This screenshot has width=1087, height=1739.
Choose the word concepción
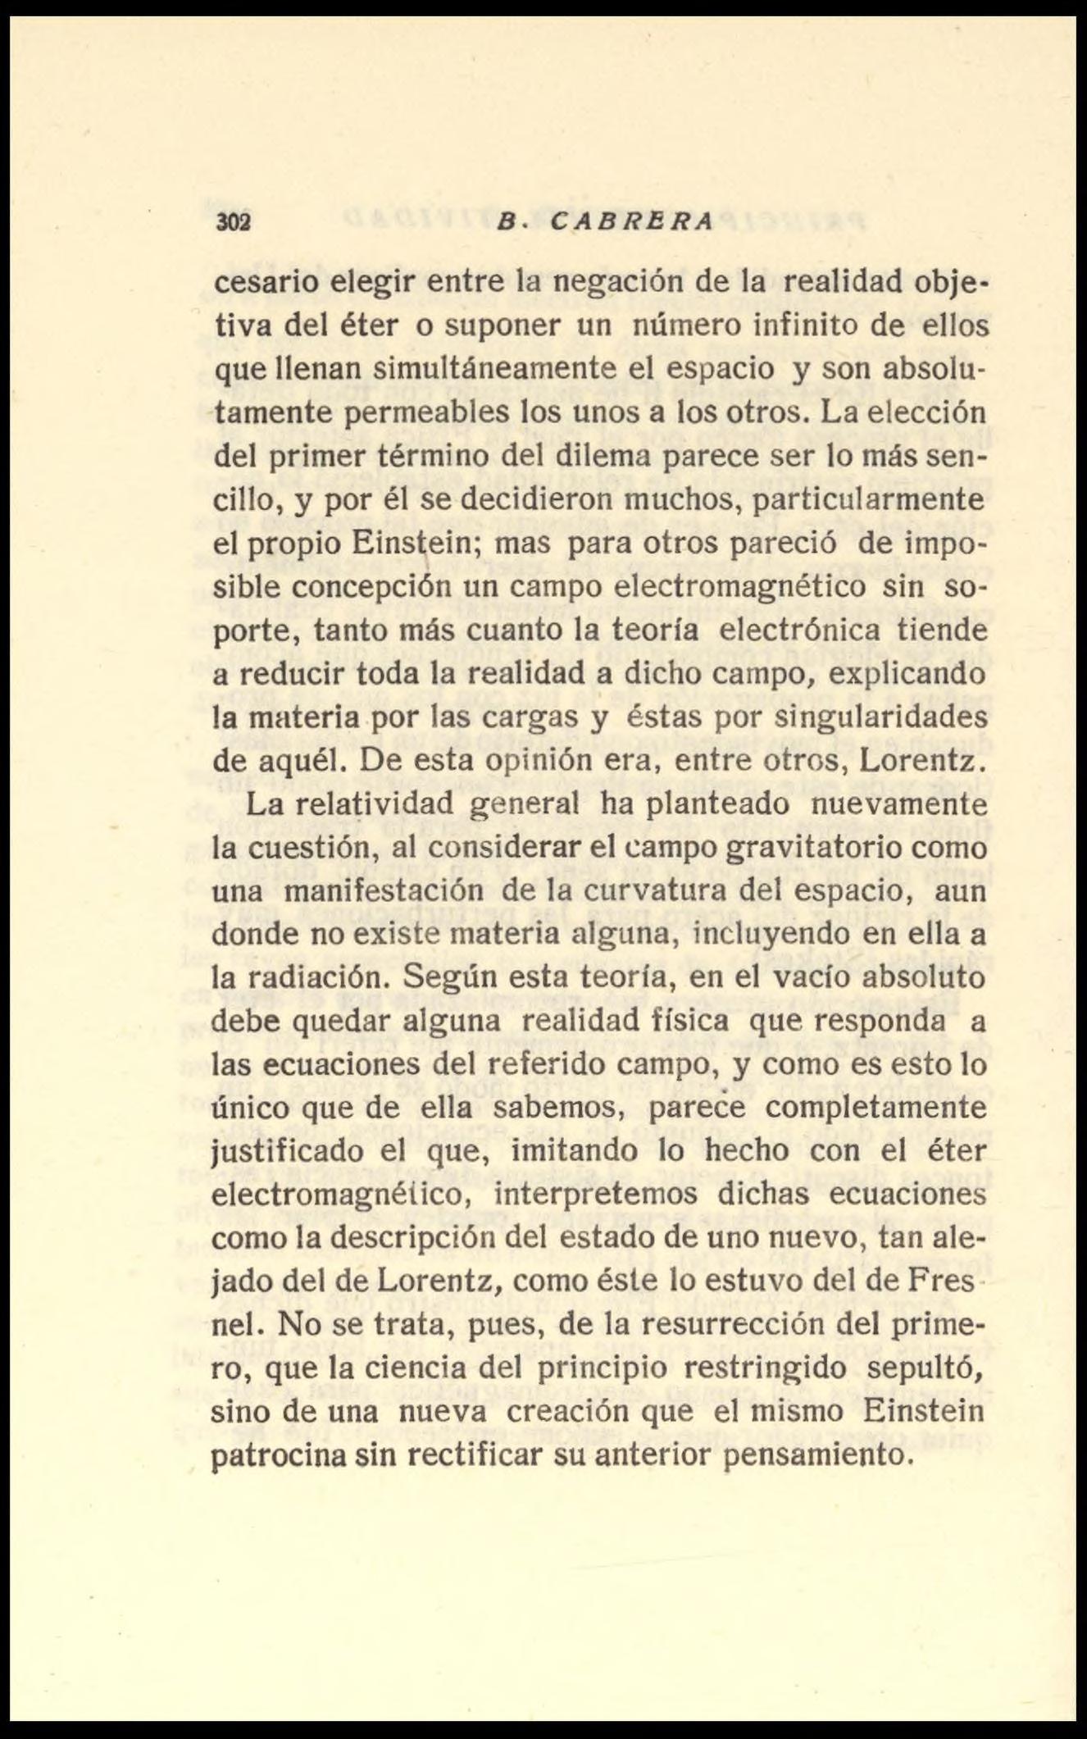[375, 587]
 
